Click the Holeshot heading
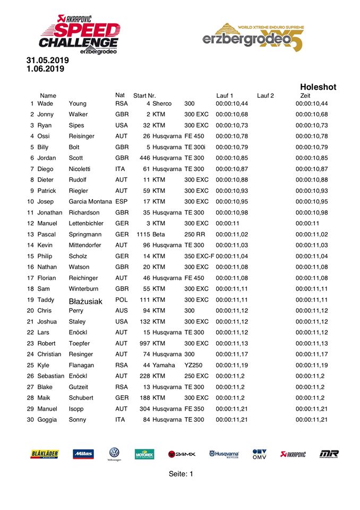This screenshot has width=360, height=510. pos(318,87)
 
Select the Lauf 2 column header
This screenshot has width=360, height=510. pos(265,96)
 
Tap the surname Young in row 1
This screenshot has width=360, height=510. pos(78,104)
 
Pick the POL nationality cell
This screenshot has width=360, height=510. pos(122,300)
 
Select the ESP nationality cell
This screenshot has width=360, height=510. pos(122,201)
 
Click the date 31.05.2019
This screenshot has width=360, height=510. pos(47,61)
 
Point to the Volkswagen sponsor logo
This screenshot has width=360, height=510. pos(114,454)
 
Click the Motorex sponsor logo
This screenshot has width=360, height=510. pos(144,454)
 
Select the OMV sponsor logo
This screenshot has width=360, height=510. pos(260,454)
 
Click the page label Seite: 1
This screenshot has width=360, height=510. pos(181,474)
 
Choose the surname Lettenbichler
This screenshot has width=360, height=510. pos(90,223)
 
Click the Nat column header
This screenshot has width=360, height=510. pos(120,95)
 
